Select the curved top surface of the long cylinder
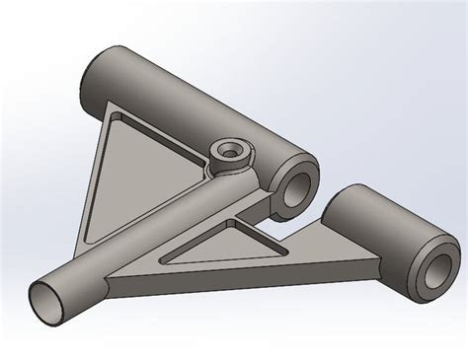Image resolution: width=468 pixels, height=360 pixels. click(x=197, y=89)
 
